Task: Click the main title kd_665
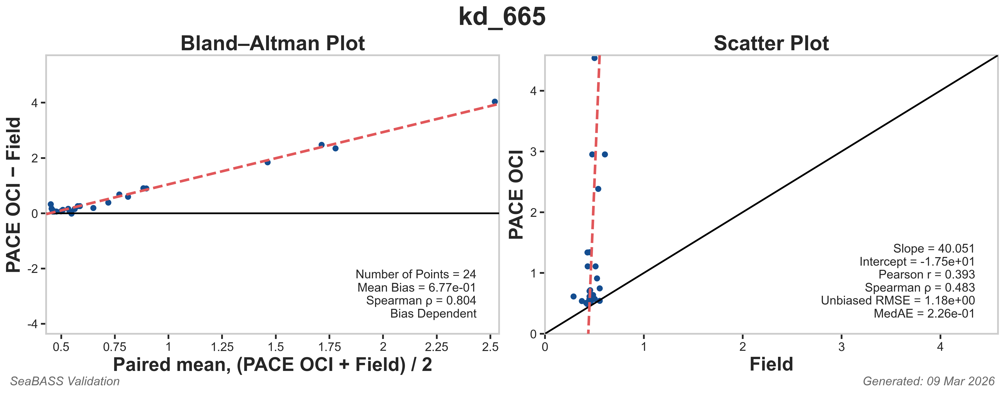tap(502, 17)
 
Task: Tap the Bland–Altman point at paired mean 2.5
tap(495, 102)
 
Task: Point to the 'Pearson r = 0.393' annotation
tap(927, 275)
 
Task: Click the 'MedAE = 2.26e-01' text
tap(924, 314)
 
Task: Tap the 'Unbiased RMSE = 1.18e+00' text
tap(898, 301)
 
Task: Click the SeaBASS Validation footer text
tap(65, 381)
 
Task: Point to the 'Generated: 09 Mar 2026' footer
tap(928, 381)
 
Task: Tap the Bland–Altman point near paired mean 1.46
tap(267, 162)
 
